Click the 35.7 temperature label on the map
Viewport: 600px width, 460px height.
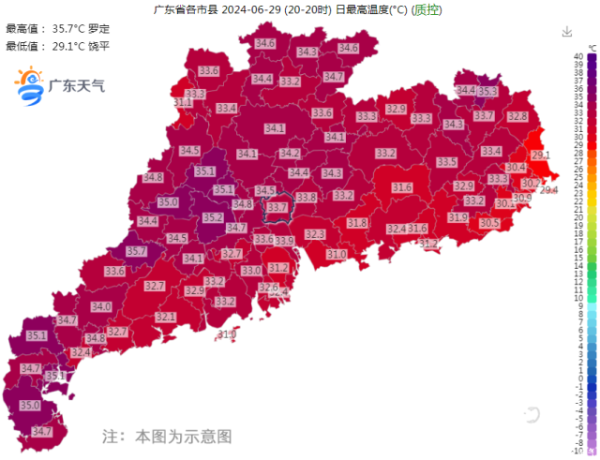click(x=137, y=251)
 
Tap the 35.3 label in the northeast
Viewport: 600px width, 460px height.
click(x=487, y=92)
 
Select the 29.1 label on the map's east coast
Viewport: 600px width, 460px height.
click(x=541, y=155)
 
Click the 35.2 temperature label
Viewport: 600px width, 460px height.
click(x=213, y=217)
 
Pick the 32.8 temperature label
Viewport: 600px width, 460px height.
click(x=517, y=116)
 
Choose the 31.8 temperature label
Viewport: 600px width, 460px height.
click(x=357, y=223)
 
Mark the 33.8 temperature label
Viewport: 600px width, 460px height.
click(x=307, y=198)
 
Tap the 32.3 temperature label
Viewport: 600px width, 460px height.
click(x=315, y=233)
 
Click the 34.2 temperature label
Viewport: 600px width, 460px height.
click(x=290, y=153)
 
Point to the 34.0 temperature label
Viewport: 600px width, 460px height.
click(x=101, y=306)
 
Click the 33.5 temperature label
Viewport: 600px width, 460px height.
click(x=447, y=162)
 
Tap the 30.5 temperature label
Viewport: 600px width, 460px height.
click(x=489, y=223)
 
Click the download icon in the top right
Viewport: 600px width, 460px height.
click(x=566, y=32)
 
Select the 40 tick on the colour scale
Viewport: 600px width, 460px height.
click(x=579, y=57)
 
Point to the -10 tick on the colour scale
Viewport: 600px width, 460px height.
click(x=578, y=450)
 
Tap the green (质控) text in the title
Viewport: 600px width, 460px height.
click(x=427, y=10)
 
